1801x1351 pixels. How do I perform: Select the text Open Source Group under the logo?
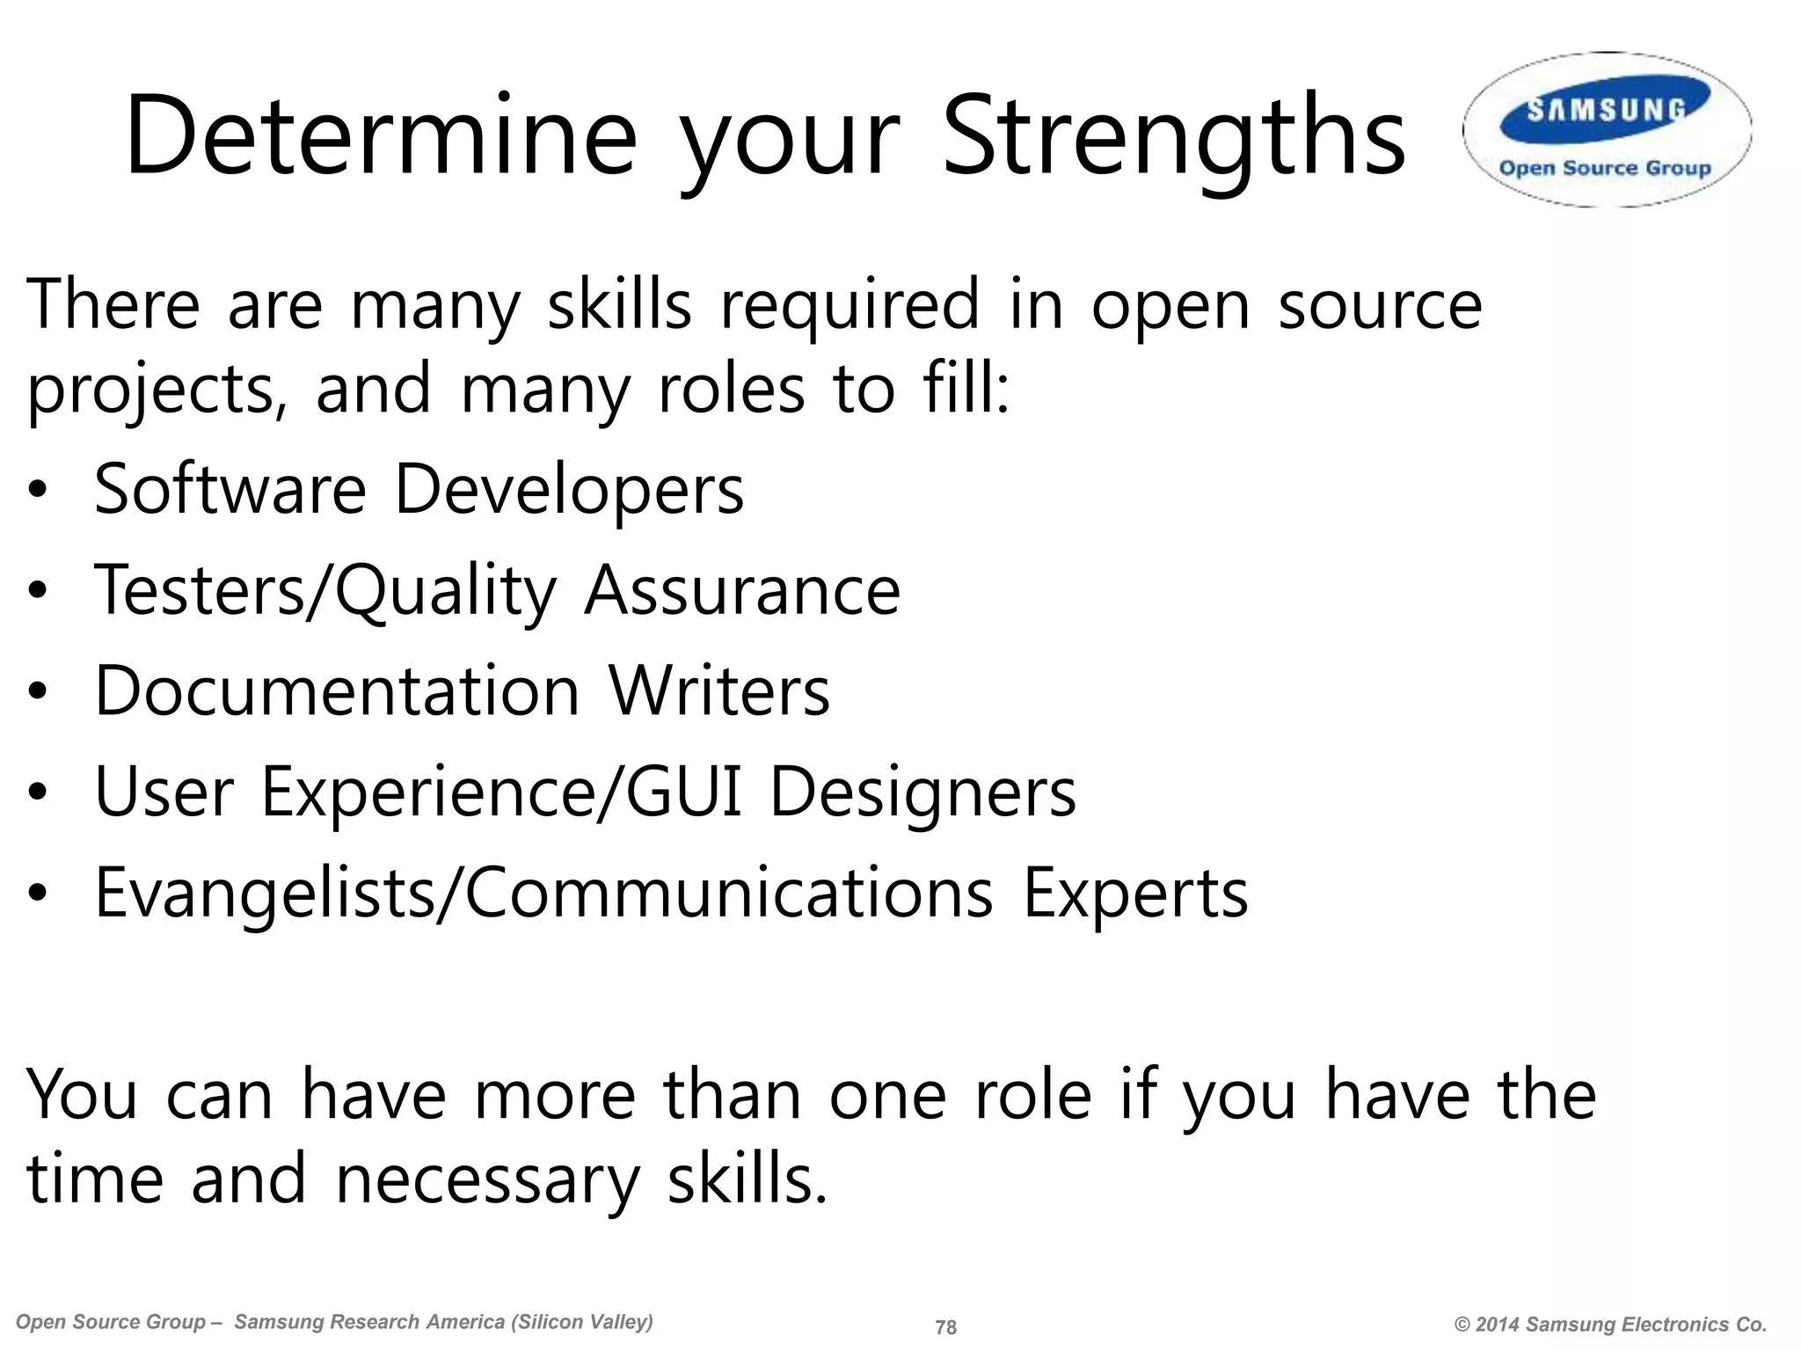[x=1605, y=168]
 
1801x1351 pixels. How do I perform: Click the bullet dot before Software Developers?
[x=36, y=491]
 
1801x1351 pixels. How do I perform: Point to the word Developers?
[x=568, y=491]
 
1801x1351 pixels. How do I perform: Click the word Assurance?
[x=742, y=591]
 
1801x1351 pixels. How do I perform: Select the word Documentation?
[x=337, y=691]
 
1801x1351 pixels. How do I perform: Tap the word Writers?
[x=719, y=691]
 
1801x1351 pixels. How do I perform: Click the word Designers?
[x=922, y=792]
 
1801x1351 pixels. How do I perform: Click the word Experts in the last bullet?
[x=1134, y=894]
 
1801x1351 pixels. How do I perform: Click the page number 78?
[x=945, y=1327]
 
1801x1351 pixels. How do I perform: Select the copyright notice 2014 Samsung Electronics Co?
[x=1610, y=1325]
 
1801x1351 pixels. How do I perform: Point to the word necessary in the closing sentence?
[x=487, y=1180]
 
